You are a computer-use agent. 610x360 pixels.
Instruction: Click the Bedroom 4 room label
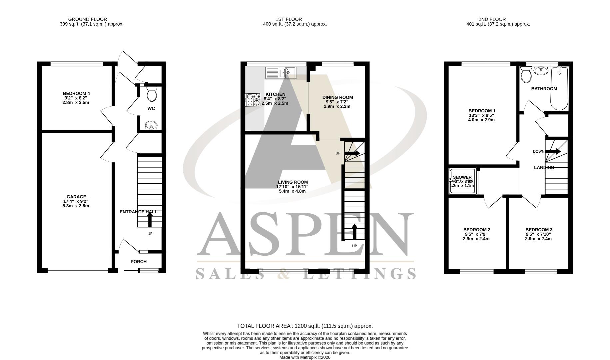point(76,93)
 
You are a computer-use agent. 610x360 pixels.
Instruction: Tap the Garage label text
point(76,197)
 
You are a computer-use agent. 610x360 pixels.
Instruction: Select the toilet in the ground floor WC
point(152,94)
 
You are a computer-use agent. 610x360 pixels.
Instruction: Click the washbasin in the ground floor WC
point(152,125)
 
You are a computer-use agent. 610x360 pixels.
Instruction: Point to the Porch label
point(139,262)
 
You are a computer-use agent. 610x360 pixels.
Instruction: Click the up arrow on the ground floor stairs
point(150,220)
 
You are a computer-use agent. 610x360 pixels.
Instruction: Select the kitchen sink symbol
point(281,73)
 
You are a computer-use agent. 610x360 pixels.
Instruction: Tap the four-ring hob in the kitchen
point(253,99)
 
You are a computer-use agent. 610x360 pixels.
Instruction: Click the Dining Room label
point(337,97)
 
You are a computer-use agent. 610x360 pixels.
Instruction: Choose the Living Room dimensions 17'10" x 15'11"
point(292,187)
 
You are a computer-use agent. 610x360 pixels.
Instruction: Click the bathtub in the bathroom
point(559,88)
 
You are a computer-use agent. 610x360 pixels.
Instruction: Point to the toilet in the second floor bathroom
point(526,74)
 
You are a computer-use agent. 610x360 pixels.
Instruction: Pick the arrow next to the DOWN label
point(553,151)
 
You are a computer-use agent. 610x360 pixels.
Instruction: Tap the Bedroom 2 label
point(476,230)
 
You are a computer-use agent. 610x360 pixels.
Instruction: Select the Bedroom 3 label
point(539,230)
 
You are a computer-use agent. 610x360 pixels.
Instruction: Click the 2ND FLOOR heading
point(492,19)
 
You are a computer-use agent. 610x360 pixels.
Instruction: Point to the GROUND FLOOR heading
point(87,19)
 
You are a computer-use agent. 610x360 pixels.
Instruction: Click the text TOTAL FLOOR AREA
point(264,326)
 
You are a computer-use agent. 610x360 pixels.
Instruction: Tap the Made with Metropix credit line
point(305,357)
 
